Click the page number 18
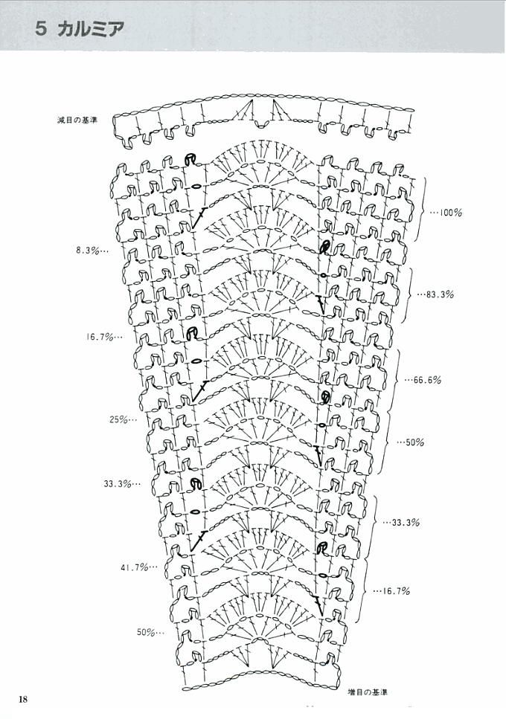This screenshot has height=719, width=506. (23, 699)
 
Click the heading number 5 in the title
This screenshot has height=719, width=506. (41, 29)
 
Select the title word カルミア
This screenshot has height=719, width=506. (92, 29)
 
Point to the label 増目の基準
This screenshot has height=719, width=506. (368, 692)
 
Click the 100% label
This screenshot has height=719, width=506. (450, 213)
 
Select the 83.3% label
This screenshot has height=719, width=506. (440, 294)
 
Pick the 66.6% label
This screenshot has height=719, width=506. (428, 380)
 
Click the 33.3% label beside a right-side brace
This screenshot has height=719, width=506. (406, 522)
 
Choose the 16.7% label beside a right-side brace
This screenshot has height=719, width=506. (396, 591)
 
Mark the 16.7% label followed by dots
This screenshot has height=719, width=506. (100, 337)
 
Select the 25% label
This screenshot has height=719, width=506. (118, 419)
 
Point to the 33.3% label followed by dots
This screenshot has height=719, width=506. (118, 483)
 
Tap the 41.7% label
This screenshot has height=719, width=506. (135, 567)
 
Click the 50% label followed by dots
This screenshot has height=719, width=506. (145, 632)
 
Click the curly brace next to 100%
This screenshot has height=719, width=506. (424, 210)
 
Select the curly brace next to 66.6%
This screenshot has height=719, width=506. (399, 380)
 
